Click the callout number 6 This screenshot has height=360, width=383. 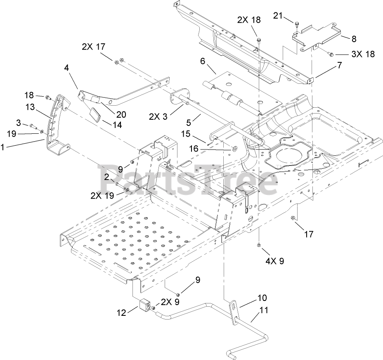[x=202, y=61]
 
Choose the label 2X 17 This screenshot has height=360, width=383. [x=94, y=47]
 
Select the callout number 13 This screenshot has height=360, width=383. [x=30, y=107]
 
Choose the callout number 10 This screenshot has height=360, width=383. [x=262, y=297]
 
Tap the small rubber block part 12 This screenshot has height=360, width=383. [x=144, y=306]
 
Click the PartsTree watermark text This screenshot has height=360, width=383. [x=188, y=180]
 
